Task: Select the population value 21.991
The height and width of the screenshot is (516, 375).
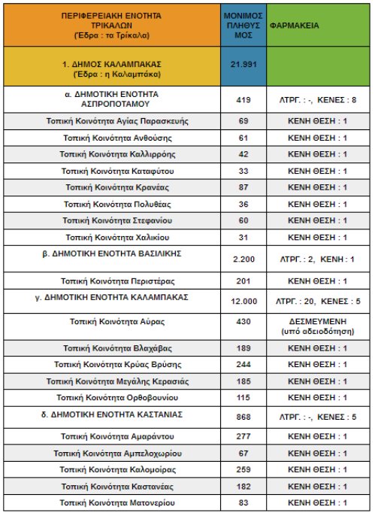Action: pos(243,64)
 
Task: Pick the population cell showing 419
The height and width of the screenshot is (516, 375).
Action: pos(243,99)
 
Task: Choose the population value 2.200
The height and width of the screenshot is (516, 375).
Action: pos(243,259)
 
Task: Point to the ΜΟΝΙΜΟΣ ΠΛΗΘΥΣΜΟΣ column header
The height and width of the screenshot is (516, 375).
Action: pos(243,25)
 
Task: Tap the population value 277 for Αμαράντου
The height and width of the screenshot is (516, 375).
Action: pos(243,436)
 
